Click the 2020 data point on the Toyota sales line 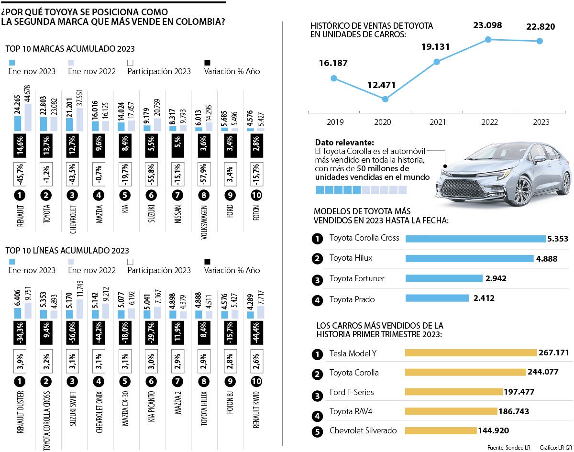[x=386, y=99]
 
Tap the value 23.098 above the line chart [x=488, y=25]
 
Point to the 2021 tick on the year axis [x=437, y=122]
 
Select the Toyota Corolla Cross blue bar [x=475, y=238]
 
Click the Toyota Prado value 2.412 [x=484, y=298]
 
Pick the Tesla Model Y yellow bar [x=471, y=353]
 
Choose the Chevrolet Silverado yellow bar [x=441, y=430]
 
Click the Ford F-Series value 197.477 [x=519, y=392]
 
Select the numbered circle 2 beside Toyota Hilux [x=317, y=259]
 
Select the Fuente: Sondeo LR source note [x=508, y=448]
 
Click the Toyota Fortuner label [x=357, y=278]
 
